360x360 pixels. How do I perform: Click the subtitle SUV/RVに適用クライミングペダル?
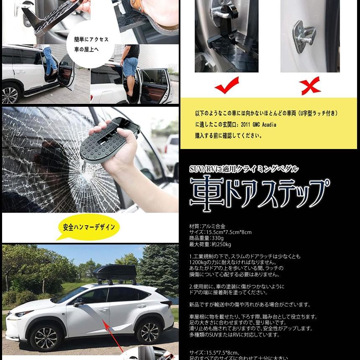[x=244, y=169]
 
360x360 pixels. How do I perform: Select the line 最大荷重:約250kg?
[x=210, y=244]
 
